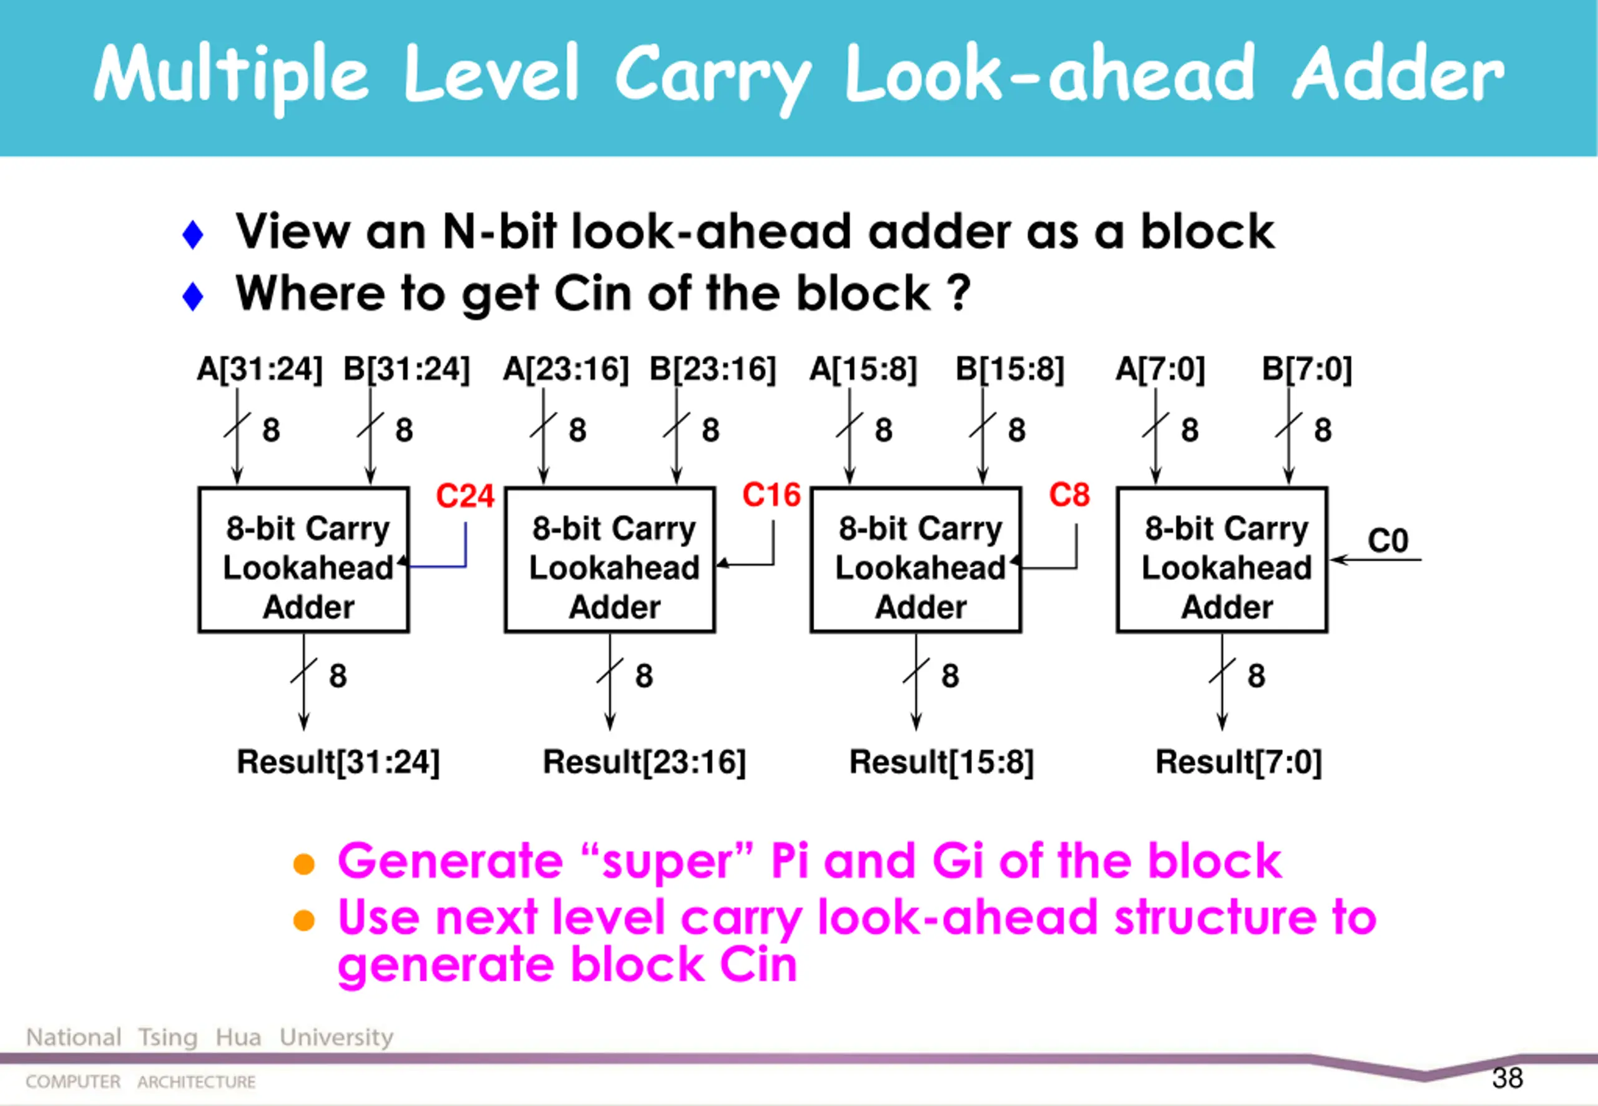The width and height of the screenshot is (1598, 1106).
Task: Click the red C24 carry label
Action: pos(465,496)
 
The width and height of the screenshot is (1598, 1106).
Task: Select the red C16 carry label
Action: pos(772,496)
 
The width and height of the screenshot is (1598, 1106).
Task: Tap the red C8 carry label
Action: pos(1069,496)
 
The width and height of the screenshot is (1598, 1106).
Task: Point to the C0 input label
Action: pos(1388,541)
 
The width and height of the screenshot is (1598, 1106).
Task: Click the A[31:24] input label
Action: pos(260,369)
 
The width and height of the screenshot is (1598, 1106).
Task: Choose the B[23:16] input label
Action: pos(712,369)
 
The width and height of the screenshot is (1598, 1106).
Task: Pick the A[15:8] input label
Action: pos(863,369)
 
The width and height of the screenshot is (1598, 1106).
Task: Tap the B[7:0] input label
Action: pos(1307,369)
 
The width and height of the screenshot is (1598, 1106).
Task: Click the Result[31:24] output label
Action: pos(338,761)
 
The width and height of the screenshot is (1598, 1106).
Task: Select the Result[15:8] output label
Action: pos(941,761)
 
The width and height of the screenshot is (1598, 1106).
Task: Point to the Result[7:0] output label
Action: pos(1239,761)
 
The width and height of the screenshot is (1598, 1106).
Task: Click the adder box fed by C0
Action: pos(1222,560)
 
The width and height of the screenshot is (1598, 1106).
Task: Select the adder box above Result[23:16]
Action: pos(610,560)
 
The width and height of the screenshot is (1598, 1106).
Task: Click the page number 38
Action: pos(1507,1079)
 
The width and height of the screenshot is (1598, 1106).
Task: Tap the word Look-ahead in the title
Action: pos(1049,73)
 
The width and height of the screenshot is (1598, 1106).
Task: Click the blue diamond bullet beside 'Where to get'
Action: pos(193,296)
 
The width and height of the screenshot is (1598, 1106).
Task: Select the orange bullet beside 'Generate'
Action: pos(303,864)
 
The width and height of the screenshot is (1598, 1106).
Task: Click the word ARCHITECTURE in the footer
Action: pos(196,1082)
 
